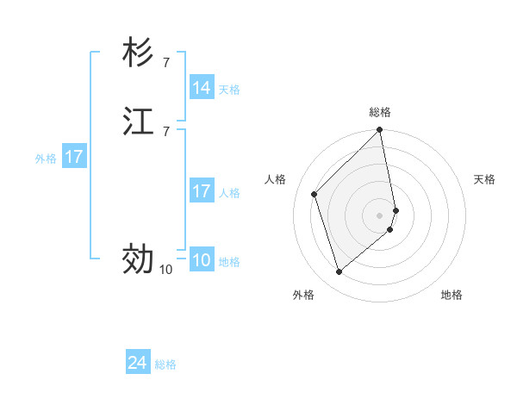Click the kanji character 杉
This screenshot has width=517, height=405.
click(x=138, y=54)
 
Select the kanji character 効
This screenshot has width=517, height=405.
click(x=138, y=258)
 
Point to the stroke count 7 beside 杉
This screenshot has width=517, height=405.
click(x=165, y=62)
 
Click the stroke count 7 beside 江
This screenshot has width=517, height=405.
click(x=165, y=131)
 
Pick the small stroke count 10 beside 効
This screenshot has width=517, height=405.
click(x=165, y=270)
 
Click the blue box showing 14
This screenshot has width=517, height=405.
click(x=202, y=88)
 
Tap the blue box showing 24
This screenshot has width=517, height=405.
click(x=138, y=364)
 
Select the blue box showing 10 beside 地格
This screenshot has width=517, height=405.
click(x=202, y=261)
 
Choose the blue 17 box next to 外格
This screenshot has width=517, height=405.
click(x=74, y=158)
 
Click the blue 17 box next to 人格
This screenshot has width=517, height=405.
click(x=202, y=192)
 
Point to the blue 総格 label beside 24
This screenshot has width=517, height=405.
click(x=165, y=364)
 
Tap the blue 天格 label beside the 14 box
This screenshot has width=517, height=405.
click(x=229, y=89)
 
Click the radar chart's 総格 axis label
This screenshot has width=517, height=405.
click(x=380, y=112)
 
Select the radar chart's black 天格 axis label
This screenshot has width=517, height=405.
click(x=484, y=179)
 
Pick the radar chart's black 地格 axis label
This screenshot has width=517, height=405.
click(x=452, y=295)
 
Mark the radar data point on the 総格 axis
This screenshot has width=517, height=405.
click(x=380, y=131)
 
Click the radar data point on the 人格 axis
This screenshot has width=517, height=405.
click(x=315, y=194)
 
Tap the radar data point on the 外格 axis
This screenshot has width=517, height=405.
click(x=339, y=272)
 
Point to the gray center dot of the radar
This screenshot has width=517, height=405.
click(x=380, y=215)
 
